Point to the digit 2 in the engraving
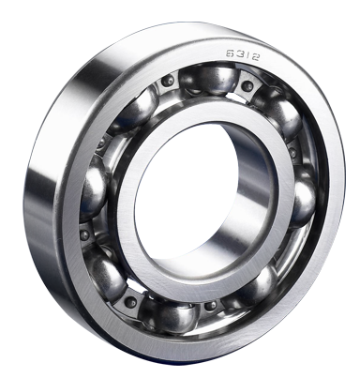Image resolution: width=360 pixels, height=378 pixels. [255, 57]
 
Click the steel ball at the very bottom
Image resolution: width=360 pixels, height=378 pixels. [169, 316]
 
